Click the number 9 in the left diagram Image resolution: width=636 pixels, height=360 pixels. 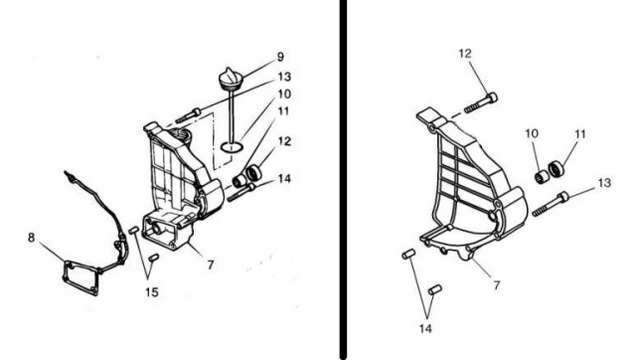coord(280,58)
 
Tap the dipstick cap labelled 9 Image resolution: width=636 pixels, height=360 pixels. coord(230,78)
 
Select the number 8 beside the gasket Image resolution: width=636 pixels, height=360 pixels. coord(31,238)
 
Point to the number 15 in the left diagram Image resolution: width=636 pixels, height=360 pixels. coord(152,291)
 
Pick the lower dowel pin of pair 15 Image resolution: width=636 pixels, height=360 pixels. coord(153,258)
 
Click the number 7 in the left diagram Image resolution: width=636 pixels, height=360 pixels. coord(210,266)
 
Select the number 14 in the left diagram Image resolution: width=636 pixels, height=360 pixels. coord(285,179)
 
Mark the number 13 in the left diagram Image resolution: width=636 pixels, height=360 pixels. coord(284,77)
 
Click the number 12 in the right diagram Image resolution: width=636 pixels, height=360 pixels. coord(465,54)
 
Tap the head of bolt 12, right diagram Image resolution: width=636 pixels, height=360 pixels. coord(491,97)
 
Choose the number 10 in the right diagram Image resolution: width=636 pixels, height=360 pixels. coord(532,133)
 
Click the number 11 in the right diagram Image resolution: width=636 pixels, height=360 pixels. coord(580,133)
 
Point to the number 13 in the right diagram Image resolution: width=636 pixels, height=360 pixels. coord(604,183)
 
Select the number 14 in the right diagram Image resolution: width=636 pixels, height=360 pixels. coord(425,328)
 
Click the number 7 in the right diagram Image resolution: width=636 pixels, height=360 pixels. coord(497,285)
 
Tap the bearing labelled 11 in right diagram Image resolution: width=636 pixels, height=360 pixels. coord(556,168)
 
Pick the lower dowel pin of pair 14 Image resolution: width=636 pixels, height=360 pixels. coord(435,289)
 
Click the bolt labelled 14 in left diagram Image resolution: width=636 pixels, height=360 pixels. coord(241,192)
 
